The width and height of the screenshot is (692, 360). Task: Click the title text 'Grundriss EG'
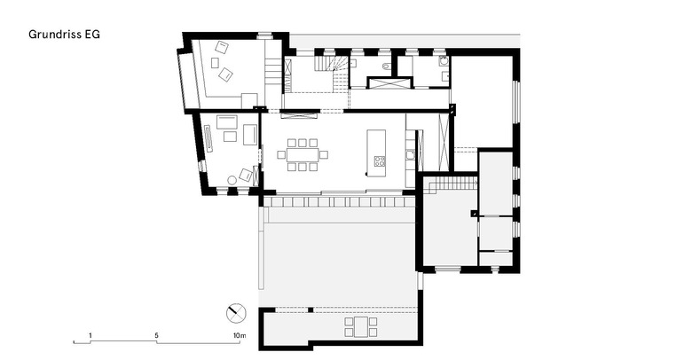click(64, 35)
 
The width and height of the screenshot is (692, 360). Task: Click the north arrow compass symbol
click(236, 313)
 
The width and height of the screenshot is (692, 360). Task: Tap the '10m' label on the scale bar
click(240, 335)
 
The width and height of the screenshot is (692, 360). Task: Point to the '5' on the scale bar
click(157, 335)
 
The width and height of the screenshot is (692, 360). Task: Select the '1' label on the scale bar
click(90, 335)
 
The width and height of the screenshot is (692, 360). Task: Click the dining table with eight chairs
click(303, 154)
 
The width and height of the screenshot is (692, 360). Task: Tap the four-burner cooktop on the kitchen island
click(380, 161)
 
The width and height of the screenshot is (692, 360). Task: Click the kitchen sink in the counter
click(410, 154)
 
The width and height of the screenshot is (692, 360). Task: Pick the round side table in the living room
click(232, 180)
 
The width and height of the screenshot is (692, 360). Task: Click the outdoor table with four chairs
click(361, 326)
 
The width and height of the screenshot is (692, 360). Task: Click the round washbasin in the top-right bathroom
click(444, 62)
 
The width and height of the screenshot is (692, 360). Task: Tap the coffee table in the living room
click(230, 137)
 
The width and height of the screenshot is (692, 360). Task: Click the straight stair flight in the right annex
click(453, 183)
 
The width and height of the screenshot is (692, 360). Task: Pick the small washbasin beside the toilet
click(354, 63)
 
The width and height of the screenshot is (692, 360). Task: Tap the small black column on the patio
click(311, 309)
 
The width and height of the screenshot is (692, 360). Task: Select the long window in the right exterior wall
click(516, 101)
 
